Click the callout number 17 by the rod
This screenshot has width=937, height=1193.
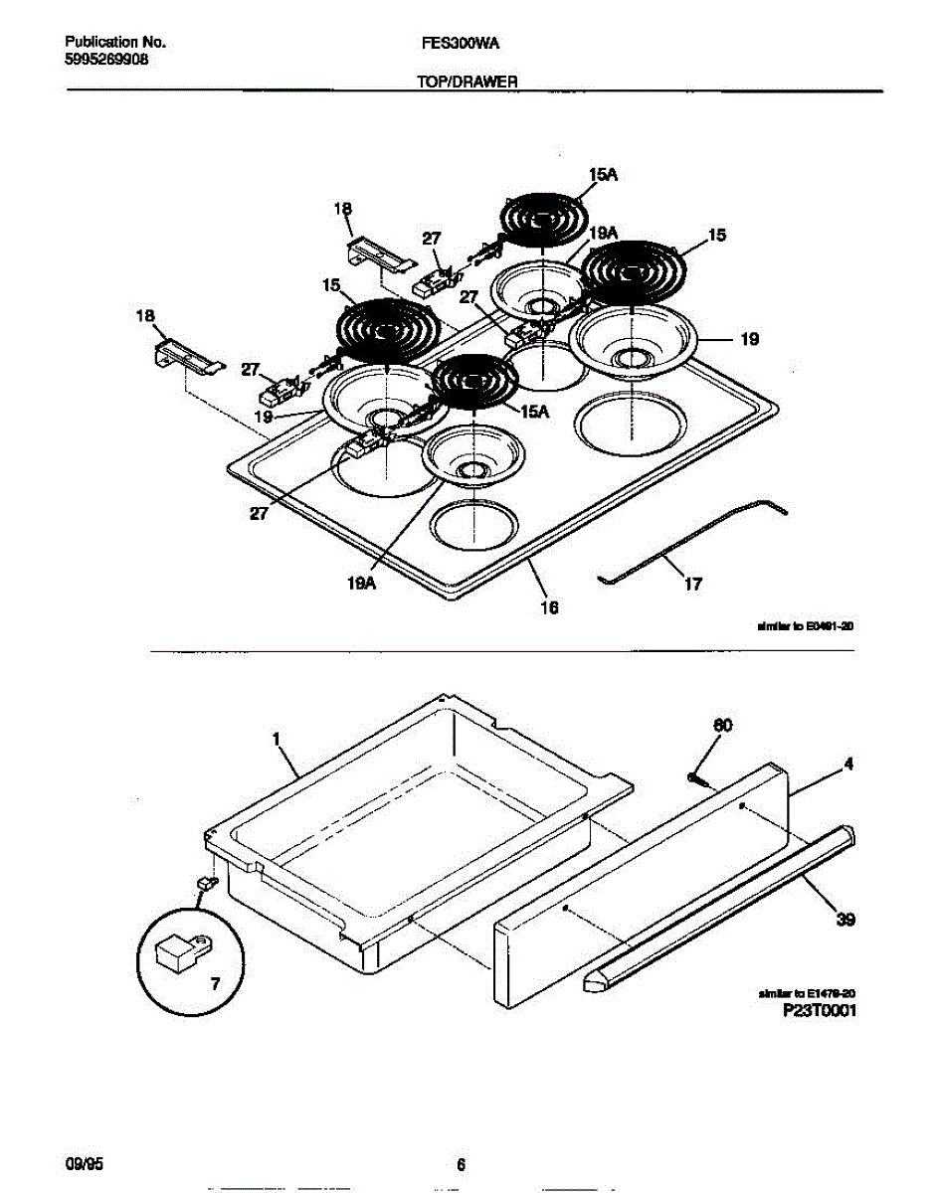pyautogui.click(x=693, y=584)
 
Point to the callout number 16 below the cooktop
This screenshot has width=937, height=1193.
pyautogui.click(x=548, y=606)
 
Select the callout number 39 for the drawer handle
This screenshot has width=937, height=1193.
pyautogui.click(x=845, y=920)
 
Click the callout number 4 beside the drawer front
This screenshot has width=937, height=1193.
pyautogui.click(x=848, y=765)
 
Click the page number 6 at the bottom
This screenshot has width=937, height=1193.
pyautogui.click(x=461, y=1165)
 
